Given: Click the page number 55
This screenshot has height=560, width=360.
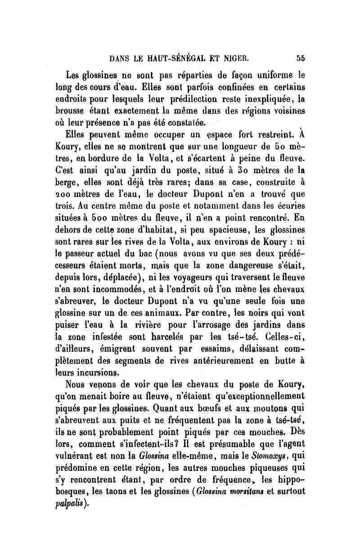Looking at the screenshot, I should click(301, 58).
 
